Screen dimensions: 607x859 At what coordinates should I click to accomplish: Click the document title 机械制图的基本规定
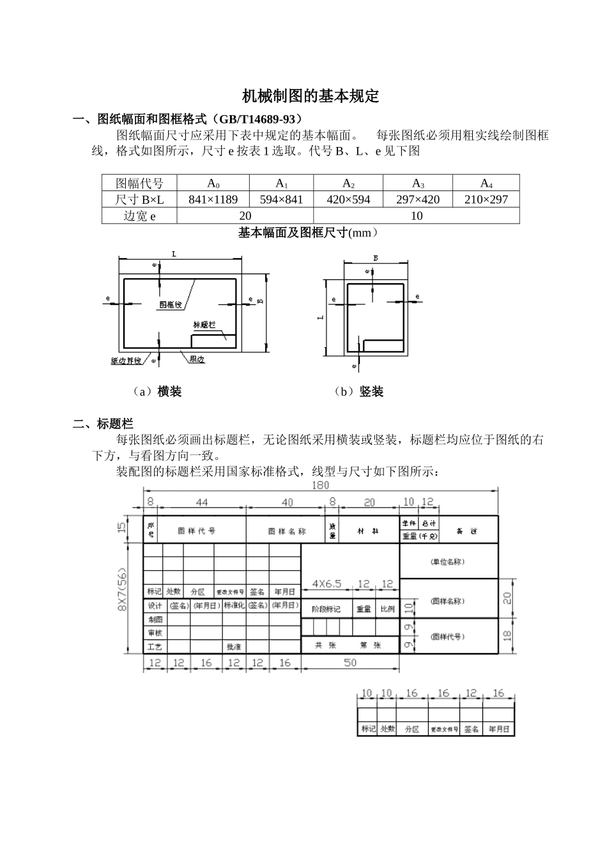click(311, 97)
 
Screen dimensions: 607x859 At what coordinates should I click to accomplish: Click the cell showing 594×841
click(281, 199)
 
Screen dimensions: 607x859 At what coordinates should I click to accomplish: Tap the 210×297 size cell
click(486, 199)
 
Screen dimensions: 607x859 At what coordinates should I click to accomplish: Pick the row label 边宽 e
click(139, 216)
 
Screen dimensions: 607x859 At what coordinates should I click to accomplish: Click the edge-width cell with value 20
click(245, 216)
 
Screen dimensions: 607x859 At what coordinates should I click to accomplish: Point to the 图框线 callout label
click(171, 305)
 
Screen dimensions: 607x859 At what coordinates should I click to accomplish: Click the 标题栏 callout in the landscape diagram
click(203, 324)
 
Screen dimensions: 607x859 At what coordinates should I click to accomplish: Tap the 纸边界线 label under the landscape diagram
click(126, 361)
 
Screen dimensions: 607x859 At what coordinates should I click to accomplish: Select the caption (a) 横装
click(157, 392)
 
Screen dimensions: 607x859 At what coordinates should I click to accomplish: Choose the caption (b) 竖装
click(359, 392)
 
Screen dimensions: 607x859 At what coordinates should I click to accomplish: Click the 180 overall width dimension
click(320, 486)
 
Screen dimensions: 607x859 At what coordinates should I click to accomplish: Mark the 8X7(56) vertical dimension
click(121, 589)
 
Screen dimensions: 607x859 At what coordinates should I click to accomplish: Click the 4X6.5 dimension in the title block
click(327, 584)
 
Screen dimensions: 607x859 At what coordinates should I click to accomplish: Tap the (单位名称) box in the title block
click(448, 562)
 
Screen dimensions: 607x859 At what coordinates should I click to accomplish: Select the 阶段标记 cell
click(326, 609)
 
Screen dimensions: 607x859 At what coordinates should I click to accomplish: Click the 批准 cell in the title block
click(234, 647)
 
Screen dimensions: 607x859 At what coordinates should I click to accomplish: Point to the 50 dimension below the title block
click(350, 663)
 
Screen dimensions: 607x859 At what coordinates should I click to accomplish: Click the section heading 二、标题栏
click(103, 423)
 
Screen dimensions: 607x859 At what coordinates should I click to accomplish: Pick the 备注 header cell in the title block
click(468, 531)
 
